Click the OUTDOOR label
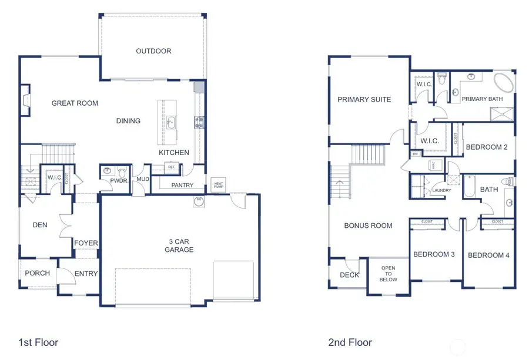coord(153,51)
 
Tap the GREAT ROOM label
coord(75,103)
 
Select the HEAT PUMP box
coord(218,185)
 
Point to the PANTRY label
coord(182,186)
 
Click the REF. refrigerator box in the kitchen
coord(172,167)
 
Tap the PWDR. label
coord(119,181)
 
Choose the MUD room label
coord(143,179)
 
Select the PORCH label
coord(36,273)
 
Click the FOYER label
coord(86,243)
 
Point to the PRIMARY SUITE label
coord(364,100)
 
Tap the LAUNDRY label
coord(441,191)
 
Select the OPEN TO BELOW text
coord(389,274)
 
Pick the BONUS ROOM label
coord(368,226)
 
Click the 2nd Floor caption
coord(350,342)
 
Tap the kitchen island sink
coord(170,122)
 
